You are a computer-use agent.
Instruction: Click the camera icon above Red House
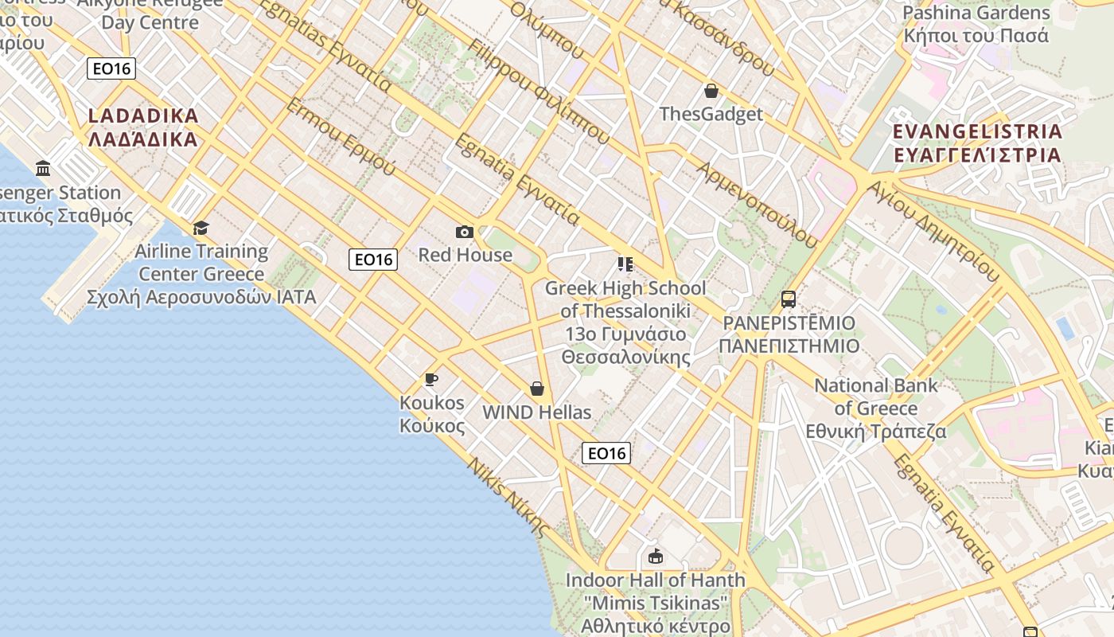point(465,232)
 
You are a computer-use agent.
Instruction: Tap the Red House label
point(465,255)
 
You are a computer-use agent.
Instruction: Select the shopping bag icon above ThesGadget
point(711,91)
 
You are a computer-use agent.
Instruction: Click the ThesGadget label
point(711,114)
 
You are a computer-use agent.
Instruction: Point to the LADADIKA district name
point(143,127)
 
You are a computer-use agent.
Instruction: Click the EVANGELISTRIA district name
point(977,143)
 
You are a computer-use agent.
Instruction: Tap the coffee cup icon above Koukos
point(431,379)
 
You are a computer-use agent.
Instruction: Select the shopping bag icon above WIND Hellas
point(537,389)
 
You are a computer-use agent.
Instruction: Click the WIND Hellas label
point(537,412)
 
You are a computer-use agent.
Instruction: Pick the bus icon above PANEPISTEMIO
point(789,299)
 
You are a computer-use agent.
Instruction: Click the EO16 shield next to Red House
point(373,259)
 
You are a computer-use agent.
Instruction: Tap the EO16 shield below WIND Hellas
point(606,453)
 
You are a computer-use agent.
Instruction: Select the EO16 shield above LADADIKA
point(111,68)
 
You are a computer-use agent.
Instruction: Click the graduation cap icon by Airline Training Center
point(201,228)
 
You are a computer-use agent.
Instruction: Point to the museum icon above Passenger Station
point(43,169)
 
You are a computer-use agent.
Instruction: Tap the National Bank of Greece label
point(875,408)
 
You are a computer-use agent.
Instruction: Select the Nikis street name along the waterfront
point(508,497)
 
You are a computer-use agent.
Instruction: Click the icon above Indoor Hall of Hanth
point(655,556)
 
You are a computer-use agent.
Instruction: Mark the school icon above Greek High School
point(625,264)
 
